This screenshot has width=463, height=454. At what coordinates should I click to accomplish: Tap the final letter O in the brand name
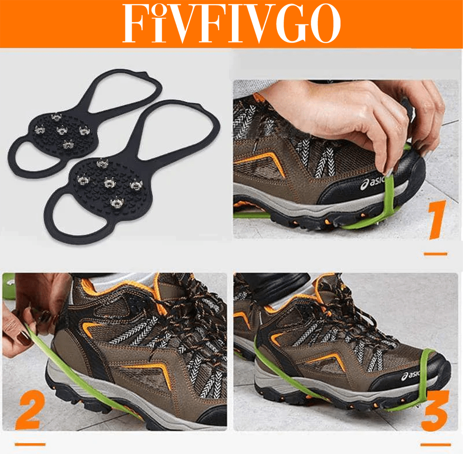[326, 23]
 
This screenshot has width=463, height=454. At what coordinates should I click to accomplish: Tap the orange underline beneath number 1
[436, 254]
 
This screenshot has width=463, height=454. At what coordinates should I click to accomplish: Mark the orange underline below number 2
[30, 444]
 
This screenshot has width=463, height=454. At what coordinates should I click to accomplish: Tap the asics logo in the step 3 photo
[411, 376]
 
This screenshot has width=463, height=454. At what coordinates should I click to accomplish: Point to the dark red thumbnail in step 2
[24, 337]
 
